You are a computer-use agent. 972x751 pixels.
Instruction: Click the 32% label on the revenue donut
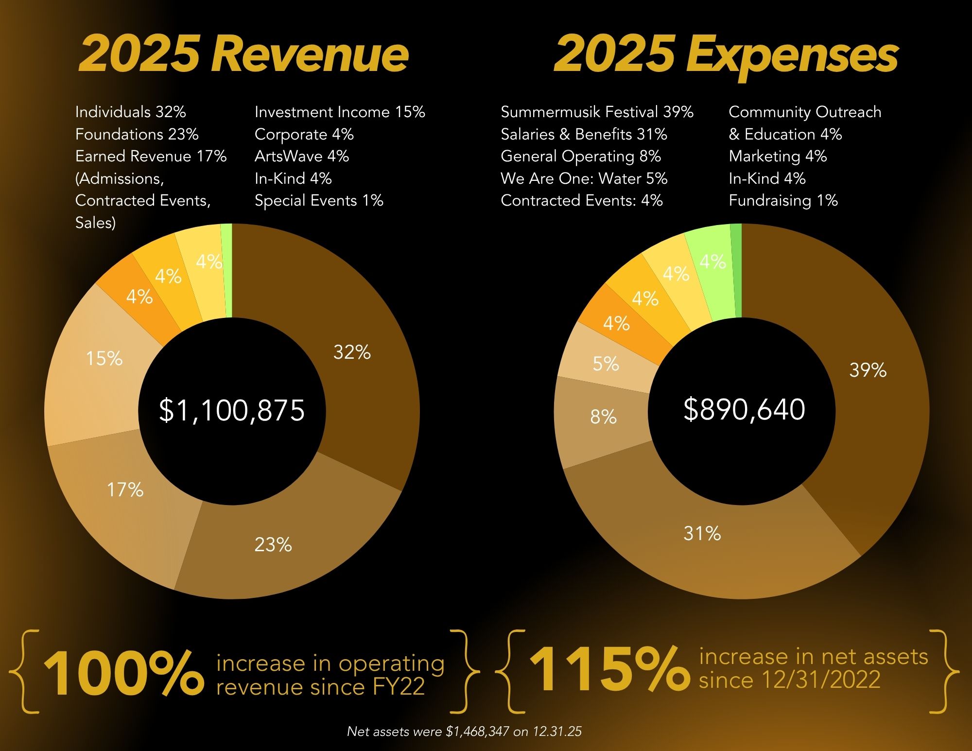352,352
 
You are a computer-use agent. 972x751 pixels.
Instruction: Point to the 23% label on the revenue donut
273,545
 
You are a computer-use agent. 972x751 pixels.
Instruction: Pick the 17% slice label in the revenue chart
125,489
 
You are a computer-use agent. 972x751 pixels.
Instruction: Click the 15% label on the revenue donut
104,359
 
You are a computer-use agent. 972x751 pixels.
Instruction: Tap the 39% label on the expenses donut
868,370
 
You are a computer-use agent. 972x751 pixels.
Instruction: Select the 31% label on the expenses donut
702,534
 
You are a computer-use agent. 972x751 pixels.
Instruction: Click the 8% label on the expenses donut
603,417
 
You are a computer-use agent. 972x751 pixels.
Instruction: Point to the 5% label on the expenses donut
606,364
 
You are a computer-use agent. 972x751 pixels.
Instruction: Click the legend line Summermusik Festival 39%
597,112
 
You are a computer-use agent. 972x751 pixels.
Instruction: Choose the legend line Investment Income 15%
340,112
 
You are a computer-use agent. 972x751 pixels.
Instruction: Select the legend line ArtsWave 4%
301,157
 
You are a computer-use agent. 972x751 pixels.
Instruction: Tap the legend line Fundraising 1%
783,201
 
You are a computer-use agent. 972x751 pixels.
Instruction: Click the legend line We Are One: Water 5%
584,178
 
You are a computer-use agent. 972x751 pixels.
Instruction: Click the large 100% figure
123,673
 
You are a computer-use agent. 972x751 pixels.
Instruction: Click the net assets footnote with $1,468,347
464,732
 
